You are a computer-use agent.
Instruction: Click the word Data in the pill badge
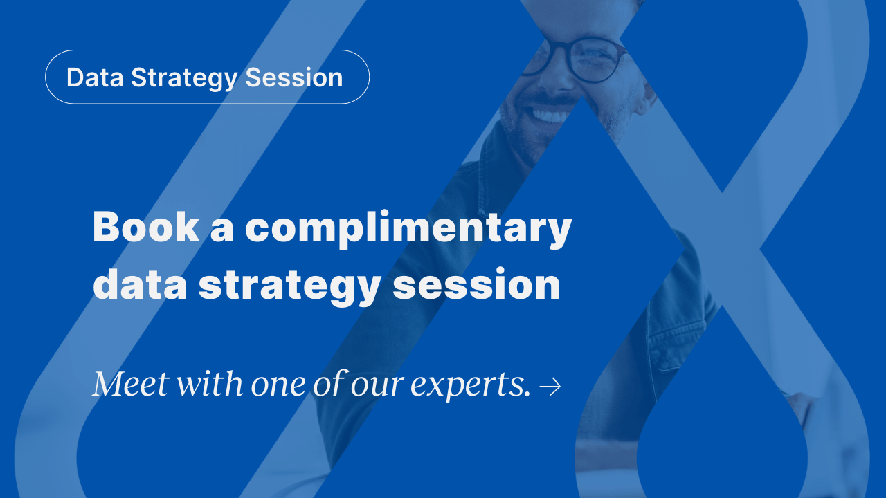pos(96,77)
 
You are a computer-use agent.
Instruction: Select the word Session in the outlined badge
pos(294,77)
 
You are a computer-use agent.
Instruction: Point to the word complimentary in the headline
pos(408,228)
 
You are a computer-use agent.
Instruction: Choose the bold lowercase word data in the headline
pos(139,284)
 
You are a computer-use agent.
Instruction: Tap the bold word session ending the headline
pos(476,284)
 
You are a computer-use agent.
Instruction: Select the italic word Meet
pos(130,384)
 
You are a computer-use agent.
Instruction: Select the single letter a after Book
pos(221,228)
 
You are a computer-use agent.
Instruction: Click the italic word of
pos(328,384)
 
